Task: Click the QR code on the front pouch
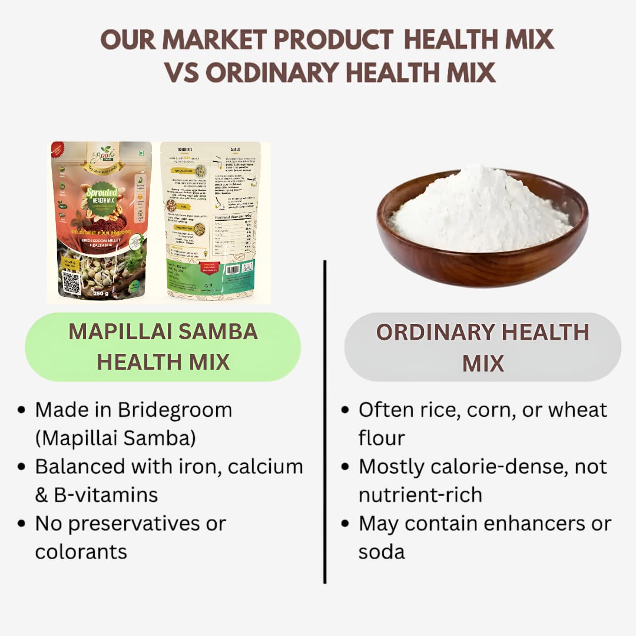pos(71,282)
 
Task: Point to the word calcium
pos(265,466)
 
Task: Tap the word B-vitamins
pos(106,495)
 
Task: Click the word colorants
pos(81,552)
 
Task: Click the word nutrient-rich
pos(420,495)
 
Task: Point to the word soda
pos(381,552)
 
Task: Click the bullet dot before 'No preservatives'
pos(22,524)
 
